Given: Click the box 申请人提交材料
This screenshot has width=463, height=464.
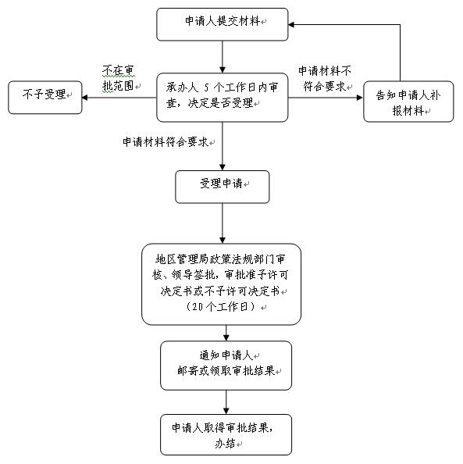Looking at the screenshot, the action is pos(223,24).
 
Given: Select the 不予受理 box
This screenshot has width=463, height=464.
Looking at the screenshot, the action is pos(45,98).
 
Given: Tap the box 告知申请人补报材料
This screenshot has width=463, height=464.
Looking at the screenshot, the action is pos(408,102).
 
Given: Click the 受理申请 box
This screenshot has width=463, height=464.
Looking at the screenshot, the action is pos(223,187).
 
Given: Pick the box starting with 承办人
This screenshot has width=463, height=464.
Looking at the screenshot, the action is pos(223,98).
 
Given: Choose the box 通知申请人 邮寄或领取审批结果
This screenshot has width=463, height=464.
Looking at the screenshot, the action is pos(226,366).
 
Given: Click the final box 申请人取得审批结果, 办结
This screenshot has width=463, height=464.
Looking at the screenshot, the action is pos(226,434).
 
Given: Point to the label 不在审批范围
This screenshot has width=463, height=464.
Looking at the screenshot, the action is pos(119,78).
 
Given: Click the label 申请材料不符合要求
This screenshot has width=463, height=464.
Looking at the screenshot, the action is pos(325,78).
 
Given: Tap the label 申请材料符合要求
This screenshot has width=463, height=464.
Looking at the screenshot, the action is pos(166,142).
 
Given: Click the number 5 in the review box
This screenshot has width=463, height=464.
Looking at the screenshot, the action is pos(206,87).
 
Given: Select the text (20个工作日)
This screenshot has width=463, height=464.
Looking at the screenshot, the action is pos(220,306).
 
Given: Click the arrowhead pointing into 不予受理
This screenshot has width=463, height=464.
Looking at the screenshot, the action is pos(85,98).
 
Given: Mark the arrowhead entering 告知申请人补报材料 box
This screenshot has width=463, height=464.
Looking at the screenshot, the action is pos(360,98).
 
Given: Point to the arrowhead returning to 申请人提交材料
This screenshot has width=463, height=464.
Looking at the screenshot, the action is pos(291,24).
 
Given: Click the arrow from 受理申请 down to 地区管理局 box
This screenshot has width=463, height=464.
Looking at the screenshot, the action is pos(223,223).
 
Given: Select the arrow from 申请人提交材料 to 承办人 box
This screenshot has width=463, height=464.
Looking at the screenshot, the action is pos(223,57).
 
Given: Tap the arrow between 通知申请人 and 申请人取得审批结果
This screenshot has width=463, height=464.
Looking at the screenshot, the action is pos(226,402).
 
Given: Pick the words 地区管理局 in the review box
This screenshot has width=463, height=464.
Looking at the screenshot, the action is pos(182,259).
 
